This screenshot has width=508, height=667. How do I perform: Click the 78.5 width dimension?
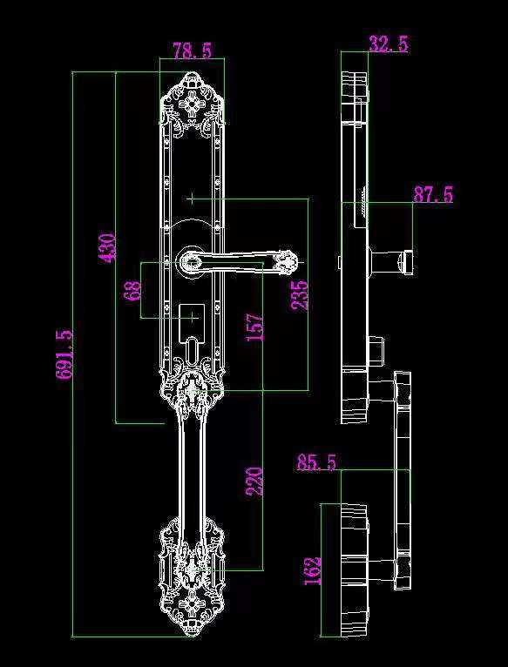pos(192,51)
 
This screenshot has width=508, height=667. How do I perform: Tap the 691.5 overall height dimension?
pos(64,354)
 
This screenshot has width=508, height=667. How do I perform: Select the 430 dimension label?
pos(107,248)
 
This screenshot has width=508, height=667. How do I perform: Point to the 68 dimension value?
pos(134,290)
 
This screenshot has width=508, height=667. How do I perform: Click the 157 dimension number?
pos(255,327)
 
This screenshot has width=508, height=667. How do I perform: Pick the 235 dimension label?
pos(300,294)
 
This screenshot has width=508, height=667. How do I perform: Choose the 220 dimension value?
pos(254,482)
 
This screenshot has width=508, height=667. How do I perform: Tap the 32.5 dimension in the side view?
pos(389,44)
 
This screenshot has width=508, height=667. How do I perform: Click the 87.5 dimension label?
pos(433,195)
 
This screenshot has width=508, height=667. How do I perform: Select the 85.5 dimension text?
pos(317,462)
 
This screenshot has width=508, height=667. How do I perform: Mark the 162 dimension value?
pos(313,570)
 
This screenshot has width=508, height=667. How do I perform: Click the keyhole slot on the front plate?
pos(193,350)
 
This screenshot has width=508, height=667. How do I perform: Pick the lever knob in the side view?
pos(391,262)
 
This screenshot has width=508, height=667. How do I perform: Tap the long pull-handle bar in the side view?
pos(403,481)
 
